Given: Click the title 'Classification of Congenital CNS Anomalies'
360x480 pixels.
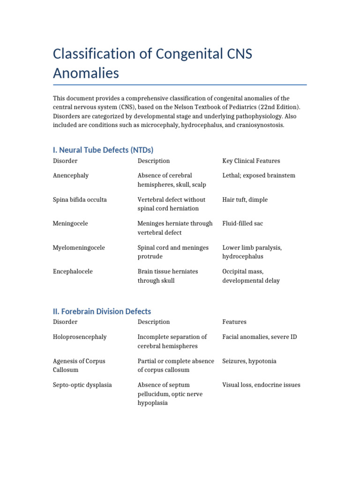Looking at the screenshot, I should tap(152, 63).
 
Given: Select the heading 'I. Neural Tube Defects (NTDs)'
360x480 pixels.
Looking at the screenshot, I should tap(103, 150).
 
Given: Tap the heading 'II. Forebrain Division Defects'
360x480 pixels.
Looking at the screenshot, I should tap(102, 311).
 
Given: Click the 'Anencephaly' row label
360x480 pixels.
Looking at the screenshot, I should tap(71, 175).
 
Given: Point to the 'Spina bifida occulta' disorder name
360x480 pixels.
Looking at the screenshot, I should tap(80, 200).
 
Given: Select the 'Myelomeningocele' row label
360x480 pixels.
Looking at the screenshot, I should tap(79, 247).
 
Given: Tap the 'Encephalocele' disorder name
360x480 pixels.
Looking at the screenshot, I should tap(73, 271).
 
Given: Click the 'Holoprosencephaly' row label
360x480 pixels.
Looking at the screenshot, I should tap(80, 337).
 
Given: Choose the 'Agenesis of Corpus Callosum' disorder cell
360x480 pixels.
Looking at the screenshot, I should tap(79, 366).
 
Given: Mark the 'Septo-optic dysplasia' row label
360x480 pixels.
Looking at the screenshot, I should tap(82, 385).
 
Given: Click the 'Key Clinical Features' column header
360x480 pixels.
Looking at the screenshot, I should tap(251, 161).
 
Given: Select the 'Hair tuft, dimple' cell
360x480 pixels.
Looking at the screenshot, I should tap(245, 200).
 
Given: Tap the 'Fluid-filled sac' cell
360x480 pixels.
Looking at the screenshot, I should tap(242, 224).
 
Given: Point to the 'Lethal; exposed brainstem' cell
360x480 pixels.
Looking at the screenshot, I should tap(259, 175).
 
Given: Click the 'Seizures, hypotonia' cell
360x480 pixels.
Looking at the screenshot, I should tap(249, 361).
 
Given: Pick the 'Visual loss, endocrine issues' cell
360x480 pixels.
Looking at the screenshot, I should tap(261, 385).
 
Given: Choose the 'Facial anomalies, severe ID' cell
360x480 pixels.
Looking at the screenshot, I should tap(259, 337).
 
